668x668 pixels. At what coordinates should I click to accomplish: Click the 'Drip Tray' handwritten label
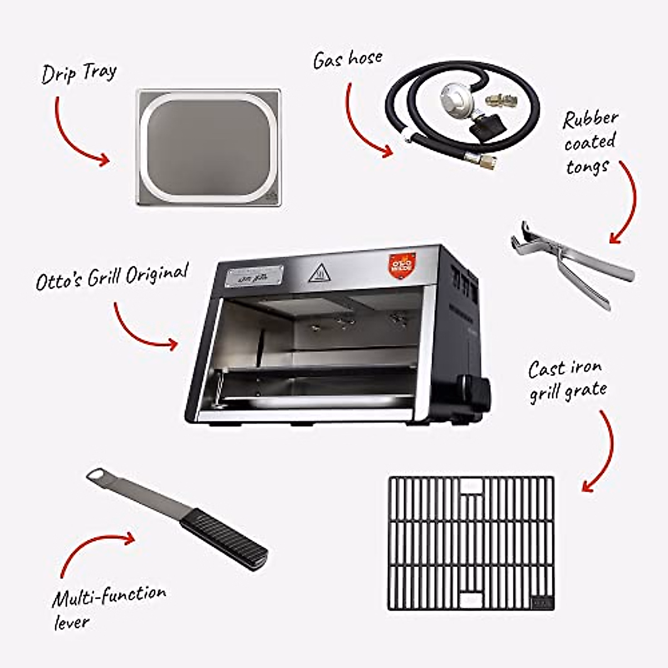coord(78,73)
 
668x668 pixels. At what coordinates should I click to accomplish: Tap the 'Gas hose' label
coord(347,59)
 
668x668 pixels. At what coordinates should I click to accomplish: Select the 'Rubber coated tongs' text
coord(590,142)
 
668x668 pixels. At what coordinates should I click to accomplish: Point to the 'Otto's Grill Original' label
coord(112,277)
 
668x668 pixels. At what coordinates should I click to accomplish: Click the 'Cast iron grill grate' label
coord(567,381)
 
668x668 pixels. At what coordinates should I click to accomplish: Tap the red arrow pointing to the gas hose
coord(365,125)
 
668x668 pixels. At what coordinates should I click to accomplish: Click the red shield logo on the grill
coord(401,262)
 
